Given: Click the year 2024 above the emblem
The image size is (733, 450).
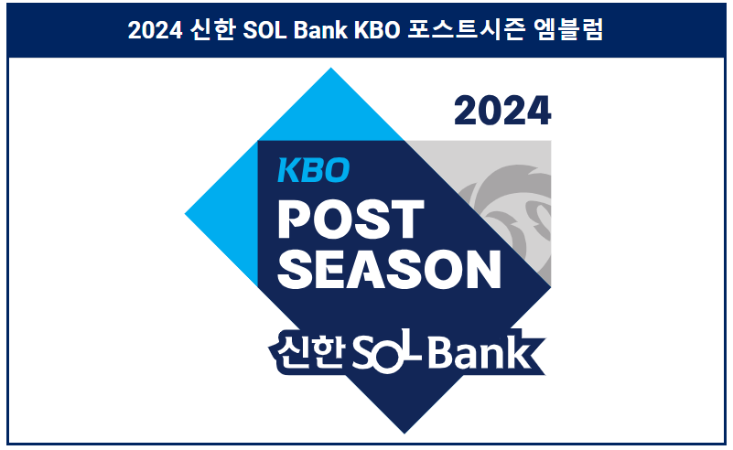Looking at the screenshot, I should [502, 112].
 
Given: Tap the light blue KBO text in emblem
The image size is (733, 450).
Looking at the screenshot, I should [314, 169].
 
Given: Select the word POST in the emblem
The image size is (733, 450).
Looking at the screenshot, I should [350, 220].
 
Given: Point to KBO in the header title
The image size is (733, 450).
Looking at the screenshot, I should [373, 30].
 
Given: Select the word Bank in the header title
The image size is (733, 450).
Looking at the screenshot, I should [318, 30].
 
